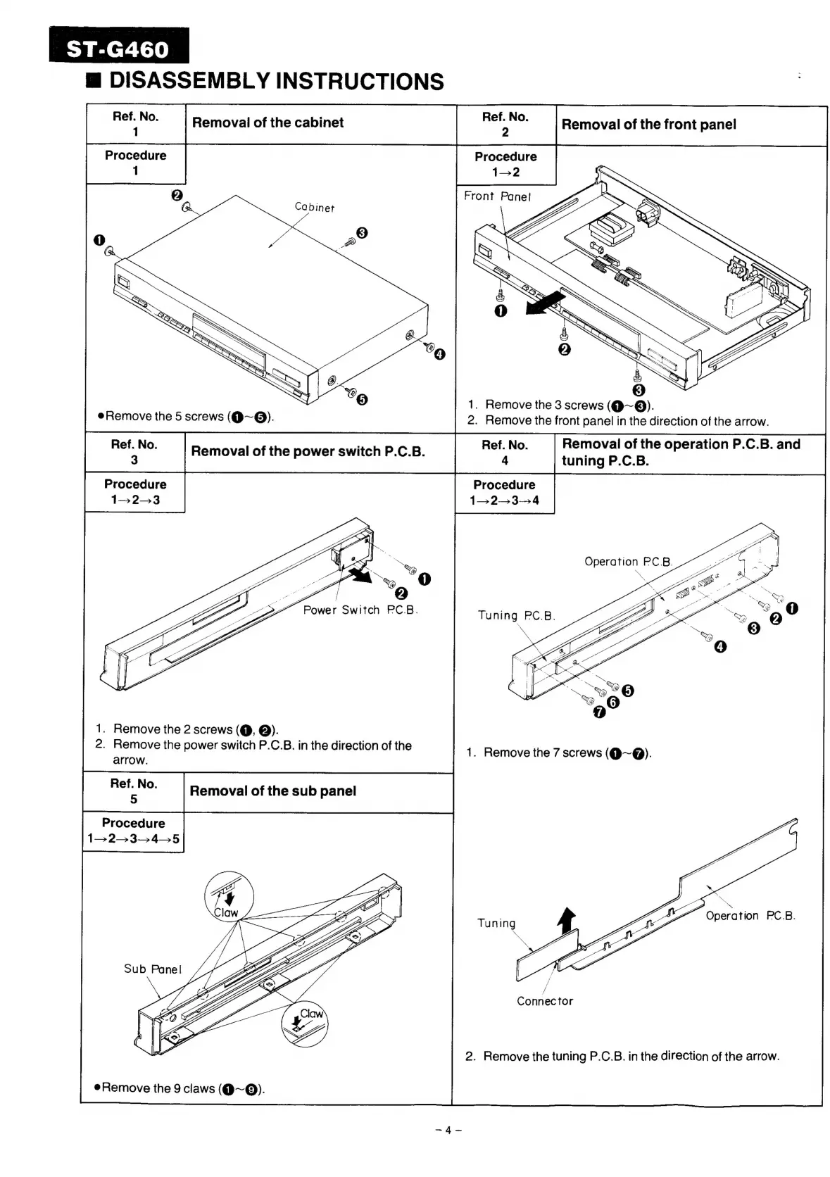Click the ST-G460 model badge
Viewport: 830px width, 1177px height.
[118, 49]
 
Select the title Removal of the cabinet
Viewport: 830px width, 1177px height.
[268, 122]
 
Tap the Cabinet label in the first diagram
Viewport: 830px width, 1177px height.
[314, 207]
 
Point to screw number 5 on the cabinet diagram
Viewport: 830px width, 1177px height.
[362, 400]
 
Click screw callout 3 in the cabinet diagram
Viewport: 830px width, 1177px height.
[362, 232]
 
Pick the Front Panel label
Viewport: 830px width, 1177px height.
[497, 196]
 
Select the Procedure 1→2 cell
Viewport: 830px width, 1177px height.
[505, 164]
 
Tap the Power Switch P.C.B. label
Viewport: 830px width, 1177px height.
[360, 610]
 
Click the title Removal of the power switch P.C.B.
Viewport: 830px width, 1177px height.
[308, 452]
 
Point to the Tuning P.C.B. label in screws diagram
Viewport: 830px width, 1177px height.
[516, 615]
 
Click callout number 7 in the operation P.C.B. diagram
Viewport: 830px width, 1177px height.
[599, 712]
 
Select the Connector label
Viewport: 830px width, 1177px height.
[545, 1001]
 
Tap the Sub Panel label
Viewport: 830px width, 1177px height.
[153, 969]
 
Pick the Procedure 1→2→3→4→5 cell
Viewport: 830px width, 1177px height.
[133, 831]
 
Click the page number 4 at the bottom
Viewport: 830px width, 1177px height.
[448, 1131]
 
